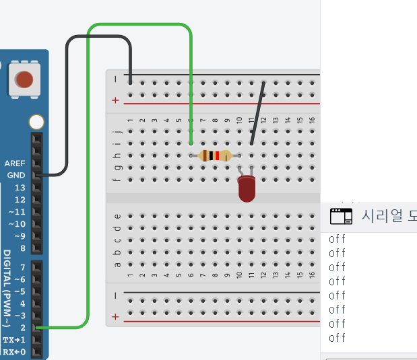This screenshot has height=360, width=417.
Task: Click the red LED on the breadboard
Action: (247, 188)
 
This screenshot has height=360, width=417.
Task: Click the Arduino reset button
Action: (24, 80)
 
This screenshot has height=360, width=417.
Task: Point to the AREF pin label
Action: (14, 164)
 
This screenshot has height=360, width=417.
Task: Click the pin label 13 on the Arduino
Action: (20, 187)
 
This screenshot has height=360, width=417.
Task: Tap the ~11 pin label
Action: (16, 211)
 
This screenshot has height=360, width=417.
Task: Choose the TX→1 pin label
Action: (14, 340)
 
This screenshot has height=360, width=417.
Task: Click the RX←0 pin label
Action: (14, 352)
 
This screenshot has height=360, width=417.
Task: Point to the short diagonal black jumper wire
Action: (258, 112)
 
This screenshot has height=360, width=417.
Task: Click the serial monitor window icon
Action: (341, 215)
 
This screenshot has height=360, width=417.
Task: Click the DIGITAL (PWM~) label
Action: (7, 289)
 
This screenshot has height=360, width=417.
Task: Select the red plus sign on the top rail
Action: (115, 100)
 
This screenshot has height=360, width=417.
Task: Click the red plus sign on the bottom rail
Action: (115, 316)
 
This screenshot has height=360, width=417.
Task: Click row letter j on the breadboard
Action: (118, 131)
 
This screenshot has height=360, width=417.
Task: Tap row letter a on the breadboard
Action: (118, 264)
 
